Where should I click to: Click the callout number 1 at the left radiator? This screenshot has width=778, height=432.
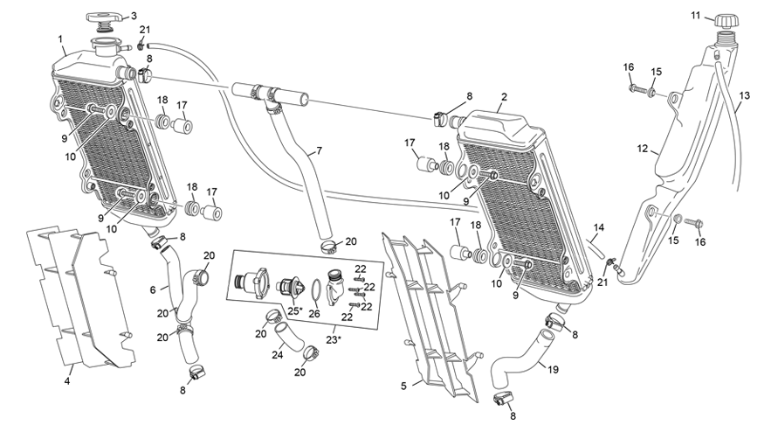60,38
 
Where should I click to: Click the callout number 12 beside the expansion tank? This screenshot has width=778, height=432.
643,150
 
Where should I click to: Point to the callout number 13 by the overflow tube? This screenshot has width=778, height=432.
744,94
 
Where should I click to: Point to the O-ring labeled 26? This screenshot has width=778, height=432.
315,289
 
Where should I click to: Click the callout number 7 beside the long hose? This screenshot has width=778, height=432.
319,150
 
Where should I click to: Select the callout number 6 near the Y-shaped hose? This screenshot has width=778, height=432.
154,289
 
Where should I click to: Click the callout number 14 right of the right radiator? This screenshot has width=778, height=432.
597,227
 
